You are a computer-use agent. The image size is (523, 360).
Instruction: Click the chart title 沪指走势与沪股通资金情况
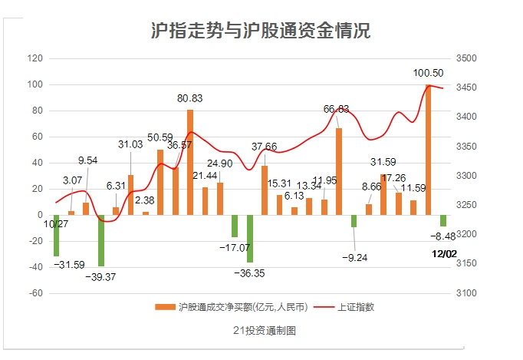[261, 31]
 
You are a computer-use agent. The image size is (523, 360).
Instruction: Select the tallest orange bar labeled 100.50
[428, 150]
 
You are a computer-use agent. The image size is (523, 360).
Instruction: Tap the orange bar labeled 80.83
[190, 162]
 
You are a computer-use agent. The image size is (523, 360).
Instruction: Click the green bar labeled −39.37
[101, 240]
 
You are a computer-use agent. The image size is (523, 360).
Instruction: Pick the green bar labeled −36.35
[249, 238]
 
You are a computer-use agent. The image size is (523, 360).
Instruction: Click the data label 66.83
[336, 109]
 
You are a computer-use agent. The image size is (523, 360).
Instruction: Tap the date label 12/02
[444, 253]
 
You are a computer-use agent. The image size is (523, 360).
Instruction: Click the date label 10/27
[56, 224]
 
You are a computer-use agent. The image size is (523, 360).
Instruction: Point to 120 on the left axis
[35, 58]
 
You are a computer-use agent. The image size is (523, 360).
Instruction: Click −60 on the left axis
[35, 293]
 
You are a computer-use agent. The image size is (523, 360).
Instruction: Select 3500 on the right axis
[465, 58]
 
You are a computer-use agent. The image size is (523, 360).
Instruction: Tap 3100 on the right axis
[465, 293]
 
